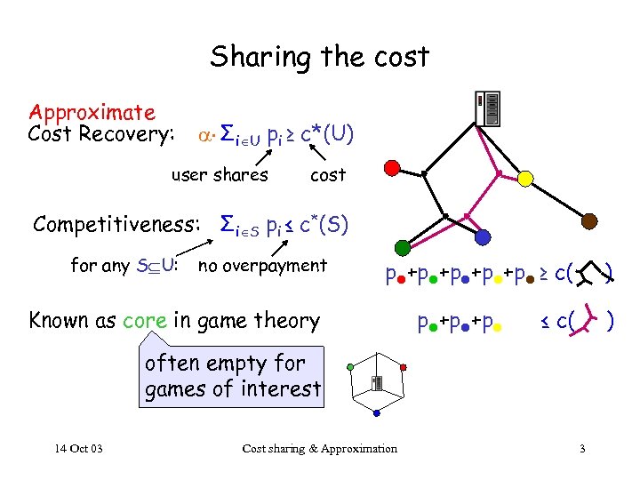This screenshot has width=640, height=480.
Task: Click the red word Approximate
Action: (92, 113)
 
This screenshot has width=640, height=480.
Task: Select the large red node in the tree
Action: (391, 166)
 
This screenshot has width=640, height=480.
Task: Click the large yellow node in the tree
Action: (525, 179)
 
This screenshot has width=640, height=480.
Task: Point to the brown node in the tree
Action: (589, 219)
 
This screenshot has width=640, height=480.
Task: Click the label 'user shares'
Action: (220, 175)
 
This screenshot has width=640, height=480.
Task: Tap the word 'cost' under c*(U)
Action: (328, 175)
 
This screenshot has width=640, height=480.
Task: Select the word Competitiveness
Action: (116, 224)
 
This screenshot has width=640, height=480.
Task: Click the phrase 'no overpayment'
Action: (262, 265)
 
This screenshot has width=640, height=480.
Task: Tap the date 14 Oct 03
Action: (76, 448)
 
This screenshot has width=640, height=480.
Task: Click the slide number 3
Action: (581, 448)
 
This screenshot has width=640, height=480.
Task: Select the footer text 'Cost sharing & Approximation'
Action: (320, 448)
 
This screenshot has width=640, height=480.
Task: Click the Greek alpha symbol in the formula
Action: (202, 137)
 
